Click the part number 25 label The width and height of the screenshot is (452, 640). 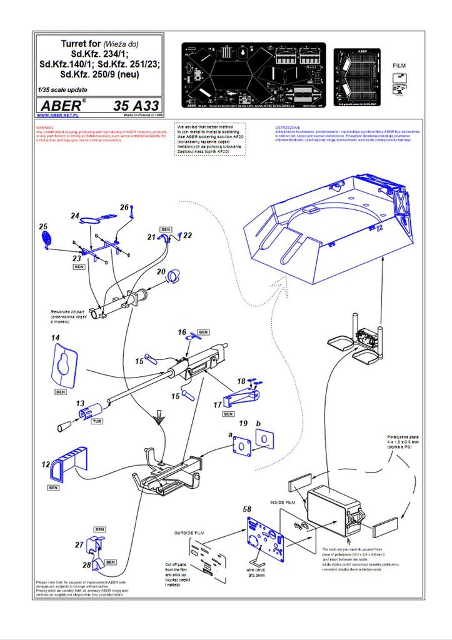click(43, 226)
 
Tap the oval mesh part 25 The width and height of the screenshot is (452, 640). click(47, 239)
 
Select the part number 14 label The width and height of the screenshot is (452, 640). click(55, 338)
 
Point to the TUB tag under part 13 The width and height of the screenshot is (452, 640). click(79, 422)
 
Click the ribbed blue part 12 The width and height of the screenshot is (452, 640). click(65, 463)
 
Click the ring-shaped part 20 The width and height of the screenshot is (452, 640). click(173, 274)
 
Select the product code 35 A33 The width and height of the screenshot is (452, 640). click(136, 106)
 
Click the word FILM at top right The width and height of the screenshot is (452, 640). click(399, 65)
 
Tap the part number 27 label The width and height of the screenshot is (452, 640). click(79, 545)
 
